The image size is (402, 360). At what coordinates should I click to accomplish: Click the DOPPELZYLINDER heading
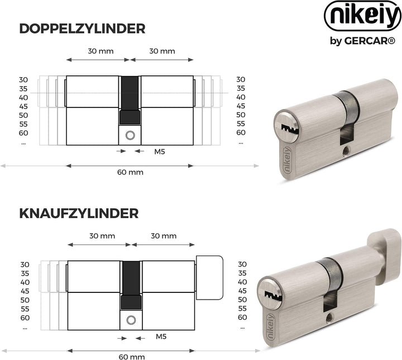click(82, 29)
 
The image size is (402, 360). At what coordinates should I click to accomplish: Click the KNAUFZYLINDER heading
click(79, 214)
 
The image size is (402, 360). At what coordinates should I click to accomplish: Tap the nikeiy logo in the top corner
click(363, 16)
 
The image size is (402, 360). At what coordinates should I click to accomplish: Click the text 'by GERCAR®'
click(362, 41)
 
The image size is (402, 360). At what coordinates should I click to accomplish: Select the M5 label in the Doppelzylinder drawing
click(160, 151)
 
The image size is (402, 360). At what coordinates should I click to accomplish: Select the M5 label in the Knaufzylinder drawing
click(161, 337)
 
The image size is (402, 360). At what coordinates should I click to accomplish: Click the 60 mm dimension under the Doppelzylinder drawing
click(130, 172)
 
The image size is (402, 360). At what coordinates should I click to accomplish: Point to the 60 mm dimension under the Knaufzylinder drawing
click(132, 357)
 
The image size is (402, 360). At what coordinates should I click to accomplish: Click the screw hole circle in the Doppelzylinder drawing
click(130, 135)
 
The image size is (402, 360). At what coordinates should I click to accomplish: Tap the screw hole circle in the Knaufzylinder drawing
click(131, 320)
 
